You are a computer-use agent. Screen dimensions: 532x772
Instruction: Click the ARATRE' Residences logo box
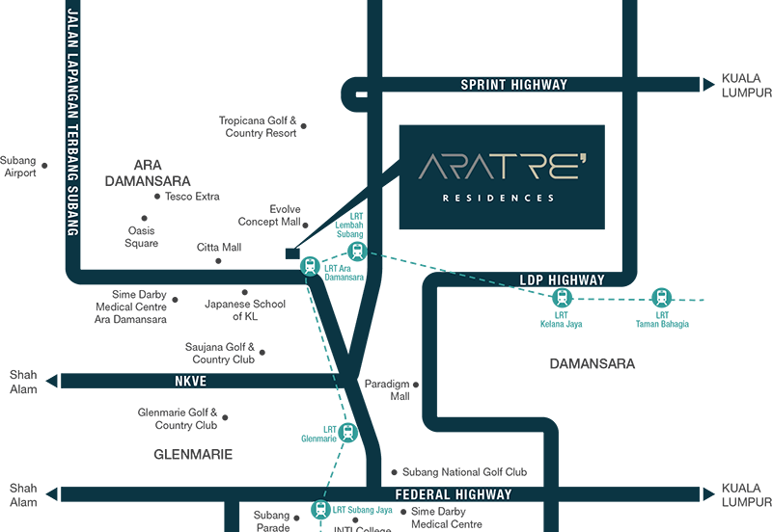pos(502,177)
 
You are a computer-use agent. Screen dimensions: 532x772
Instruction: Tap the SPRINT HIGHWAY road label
pos(513,85)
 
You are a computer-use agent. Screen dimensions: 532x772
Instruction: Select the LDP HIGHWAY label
pos(562,280)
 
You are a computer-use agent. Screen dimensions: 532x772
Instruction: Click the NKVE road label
pos(192,382)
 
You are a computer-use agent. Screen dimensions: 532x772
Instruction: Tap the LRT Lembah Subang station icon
pos(357,253)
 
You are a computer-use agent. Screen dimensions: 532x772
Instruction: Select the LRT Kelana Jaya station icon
pos(561,299)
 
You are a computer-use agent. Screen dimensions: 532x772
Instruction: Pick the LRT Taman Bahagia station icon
pos(661,298)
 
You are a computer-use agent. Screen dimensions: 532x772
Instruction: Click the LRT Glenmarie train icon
pos(348,433)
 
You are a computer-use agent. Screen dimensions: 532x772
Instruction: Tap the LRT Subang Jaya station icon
pos(319,510)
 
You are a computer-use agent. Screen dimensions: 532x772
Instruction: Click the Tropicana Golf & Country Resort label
pos(258,127)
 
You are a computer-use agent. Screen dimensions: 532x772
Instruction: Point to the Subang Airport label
pos(18,167)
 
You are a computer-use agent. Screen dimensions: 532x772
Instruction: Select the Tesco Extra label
pos(194,197)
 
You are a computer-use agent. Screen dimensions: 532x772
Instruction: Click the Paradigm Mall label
pos(386,389)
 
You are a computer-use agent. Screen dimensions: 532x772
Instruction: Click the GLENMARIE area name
pos(194,453)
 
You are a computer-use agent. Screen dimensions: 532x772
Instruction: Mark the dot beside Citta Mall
pos(253,248)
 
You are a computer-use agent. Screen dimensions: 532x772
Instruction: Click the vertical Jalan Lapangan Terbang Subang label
pos(71,120)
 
